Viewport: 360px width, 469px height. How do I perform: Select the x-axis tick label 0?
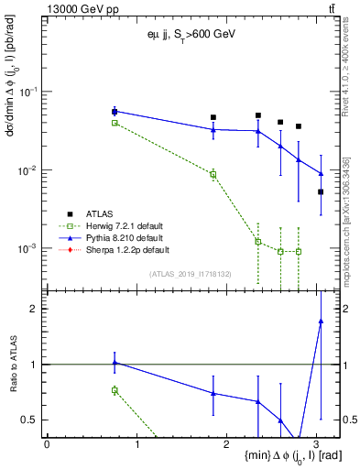[x=47, y=444]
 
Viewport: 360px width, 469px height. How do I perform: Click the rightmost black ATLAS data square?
[x=321, y=191]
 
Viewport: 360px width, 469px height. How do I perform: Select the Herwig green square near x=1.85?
[x=213, y=174]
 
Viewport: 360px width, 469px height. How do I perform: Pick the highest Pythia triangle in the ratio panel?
[x=321, y=321]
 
